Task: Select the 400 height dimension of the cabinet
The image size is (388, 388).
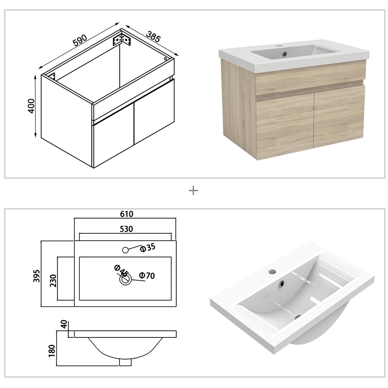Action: [x=31, y=106]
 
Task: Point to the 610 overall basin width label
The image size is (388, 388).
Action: [x=126, y=214]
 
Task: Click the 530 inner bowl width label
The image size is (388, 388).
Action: [x=126, y=229]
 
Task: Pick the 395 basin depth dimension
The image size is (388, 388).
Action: [x=37, y=275]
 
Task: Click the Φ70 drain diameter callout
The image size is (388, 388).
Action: [x=147, y=275]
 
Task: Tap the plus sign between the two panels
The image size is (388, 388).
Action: [x=193, y=191]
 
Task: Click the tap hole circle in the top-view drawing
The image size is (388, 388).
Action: [x=125, y=250]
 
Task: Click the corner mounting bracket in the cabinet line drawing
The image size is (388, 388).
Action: [x=122, y=39]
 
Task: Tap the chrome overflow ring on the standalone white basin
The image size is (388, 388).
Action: [x=282, y=283]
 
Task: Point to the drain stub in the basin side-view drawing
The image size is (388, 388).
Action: [x=125, y=362]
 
